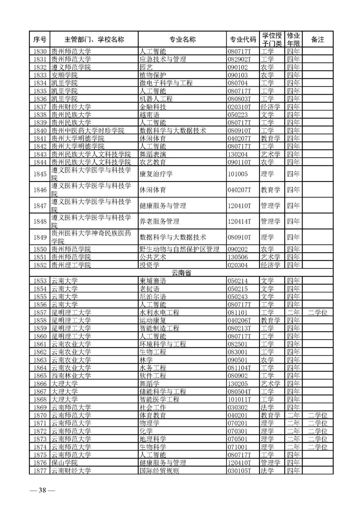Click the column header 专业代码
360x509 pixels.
(243, 39)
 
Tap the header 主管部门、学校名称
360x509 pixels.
(94, 39)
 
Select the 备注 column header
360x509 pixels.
(317, 39)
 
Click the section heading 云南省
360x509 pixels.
(181, 273)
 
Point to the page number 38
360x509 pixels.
(42, 490)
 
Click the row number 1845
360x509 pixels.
(40, 174)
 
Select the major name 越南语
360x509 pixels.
(149, 115)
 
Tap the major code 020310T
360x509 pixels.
(239, 107)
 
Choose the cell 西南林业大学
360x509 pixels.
(71, 376)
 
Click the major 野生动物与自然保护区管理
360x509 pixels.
(179, 249)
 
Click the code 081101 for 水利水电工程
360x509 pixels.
(238, 312)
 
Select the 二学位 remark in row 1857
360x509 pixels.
(317, 312)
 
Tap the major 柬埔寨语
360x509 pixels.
(153, 281)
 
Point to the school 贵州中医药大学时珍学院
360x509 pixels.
(88, 130)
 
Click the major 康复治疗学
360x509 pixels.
(156, 174)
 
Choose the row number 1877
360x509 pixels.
(40, 471)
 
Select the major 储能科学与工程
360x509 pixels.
(163, 391)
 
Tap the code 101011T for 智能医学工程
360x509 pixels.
(239, 399)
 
